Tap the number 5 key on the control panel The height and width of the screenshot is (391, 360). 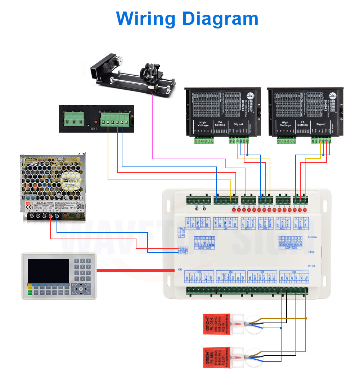82,267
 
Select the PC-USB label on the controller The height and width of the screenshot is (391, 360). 312,266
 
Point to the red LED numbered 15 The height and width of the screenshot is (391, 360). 234,210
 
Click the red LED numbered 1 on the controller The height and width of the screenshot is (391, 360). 305,210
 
